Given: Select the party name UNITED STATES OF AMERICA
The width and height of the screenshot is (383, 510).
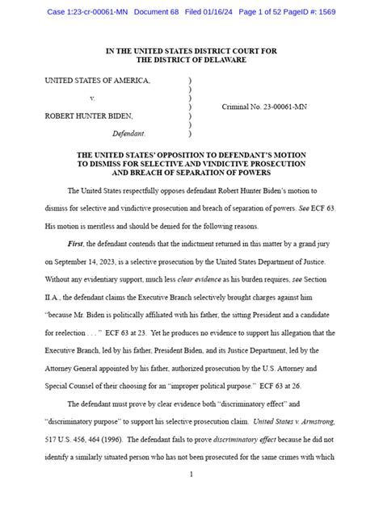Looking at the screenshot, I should pos(97,82).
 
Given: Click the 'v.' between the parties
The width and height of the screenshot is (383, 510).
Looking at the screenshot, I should pos(93,98).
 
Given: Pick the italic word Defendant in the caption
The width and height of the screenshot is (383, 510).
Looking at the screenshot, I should pos(128,132).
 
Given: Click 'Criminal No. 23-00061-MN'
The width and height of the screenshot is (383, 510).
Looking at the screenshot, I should pos(264,107).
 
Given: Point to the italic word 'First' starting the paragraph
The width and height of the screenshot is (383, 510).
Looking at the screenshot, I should pos(76,243).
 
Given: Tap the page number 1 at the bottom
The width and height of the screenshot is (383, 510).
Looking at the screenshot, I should pos(191,474).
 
